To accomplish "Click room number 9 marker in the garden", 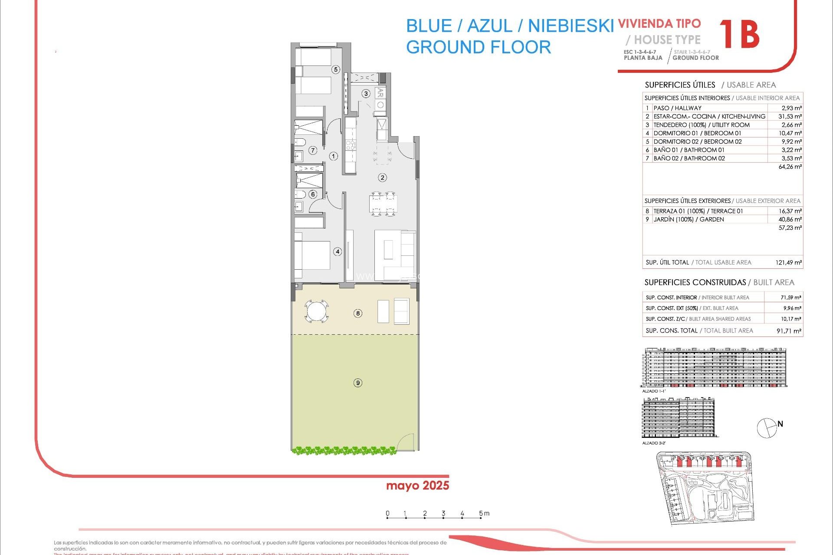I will tap(357, 382).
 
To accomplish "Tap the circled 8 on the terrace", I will tap(357, 313).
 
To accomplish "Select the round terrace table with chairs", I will tap(316, 311).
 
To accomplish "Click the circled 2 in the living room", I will tap(382, 177).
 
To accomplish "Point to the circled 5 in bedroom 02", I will tap(335, 69).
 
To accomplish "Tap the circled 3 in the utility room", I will tap(366, 94).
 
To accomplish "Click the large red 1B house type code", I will tap(739, 35).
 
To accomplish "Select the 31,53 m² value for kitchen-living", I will tap(790, 116).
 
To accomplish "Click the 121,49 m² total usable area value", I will tap(788, 262).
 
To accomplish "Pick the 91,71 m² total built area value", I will tap(789, 331).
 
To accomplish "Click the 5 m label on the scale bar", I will tap(484, 513).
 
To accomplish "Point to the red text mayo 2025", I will tap(417, 486).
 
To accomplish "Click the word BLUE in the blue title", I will tap(429, 26).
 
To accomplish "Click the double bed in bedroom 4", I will tap(312, 255).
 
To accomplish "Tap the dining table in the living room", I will tap(383, 203).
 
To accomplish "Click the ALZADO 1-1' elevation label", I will tap(653, 391).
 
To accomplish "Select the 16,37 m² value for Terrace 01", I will tap(790, 211).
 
